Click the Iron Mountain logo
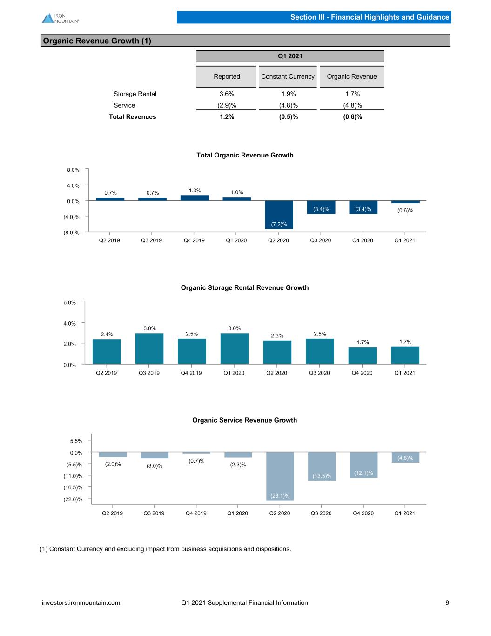(x=61, y=18)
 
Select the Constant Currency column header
(x=288, y=76)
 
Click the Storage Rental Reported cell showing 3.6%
(x=227, y=94)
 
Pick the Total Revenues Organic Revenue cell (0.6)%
(x=352, y=117)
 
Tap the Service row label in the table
(x=124, y=105)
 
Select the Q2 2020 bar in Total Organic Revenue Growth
(x=279, y=214)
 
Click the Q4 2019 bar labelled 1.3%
(x=195, y=198)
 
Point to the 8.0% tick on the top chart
(x=73, y=170)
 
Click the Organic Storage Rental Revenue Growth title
(x=245, y=287)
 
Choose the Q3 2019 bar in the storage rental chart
(x=149, y=349)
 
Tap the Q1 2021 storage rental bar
(x=405, y=356)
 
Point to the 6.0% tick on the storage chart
(x=69, y=302)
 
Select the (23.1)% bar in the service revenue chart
(x=280, y=476)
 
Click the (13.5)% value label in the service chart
(x=322, y=476)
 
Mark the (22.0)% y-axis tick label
(x=73, y=499)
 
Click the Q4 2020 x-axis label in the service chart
(x=363, y=513)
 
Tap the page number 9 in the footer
(x=447, y=602)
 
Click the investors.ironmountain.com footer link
(x=81, y=602)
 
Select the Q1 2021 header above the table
(x=290, y=56)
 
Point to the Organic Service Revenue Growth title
(x=245, y=420)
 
